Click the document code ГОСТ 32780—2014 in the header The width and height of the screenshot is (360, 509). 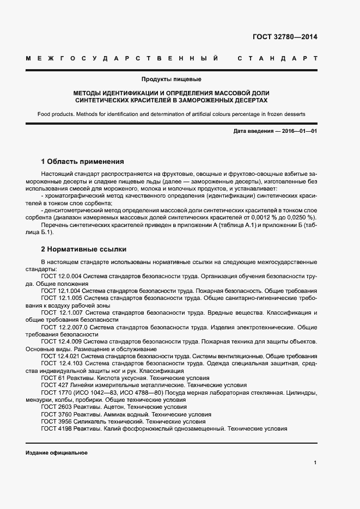coord(285,38)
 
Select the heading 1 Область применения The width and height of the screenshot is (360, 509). coord(82,162)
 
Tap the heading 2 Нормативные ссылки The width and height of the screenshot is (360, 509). coord(84,249)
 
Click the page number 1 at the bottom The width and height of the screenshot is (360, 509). coord(315,463)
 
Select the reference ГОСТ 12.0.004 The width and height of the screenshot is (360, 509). coord(61,277)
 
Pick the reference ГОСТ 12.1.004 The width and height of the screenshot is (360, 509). coord(61,291)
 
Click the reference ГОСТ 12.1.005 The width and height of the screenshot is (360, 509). coord(61,298)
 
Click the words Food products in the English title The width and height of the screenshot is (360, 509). coord(56,114)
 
